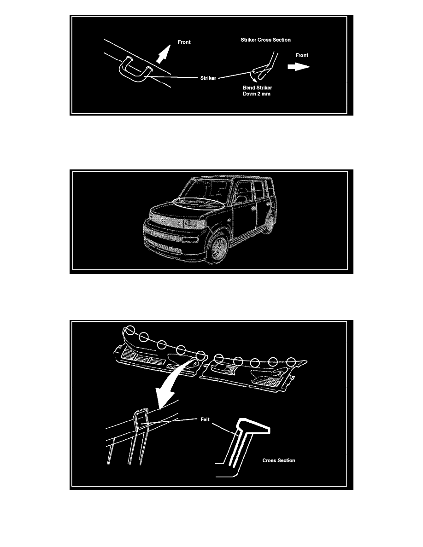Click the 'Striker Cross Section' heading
pos(265,40)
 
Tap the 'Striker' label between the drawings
pos(208,78)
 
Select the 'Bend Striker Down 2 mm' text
pos(257,91)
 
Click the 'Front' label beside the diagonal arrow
pos(184,42)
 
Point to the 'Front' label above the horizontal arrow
pos(302,55)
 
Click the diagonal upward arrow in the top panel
pos(163,54)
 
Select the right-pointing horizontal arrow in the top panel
pos(299,66)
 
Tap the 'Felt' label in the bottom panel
pos(205,419)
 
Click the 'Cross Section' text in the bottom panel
pos(278,460)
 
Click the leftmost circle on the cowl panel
pos(129,330)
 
